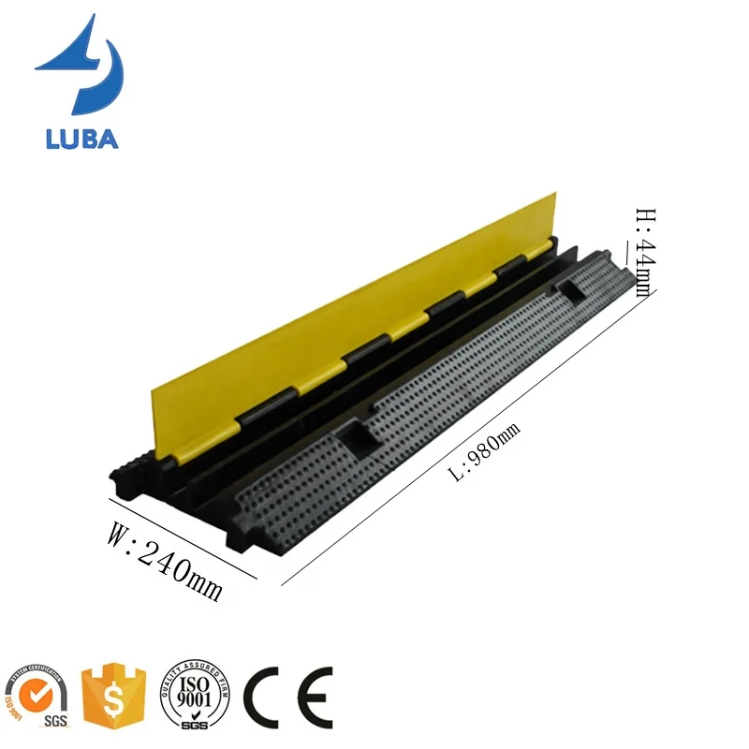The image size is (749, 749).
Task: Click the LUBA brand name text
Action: coord(81,139)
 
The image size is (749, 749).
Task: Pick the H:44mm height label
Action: coord(643,252)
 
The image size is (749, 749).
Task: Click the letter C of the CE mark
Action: coord(265,695)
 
